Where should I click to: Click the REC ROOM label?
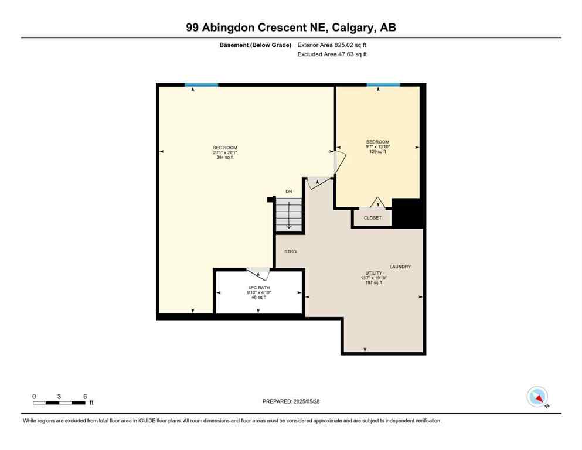pyautogui.click(x=224, y=148)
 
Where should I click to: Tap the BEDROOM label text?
pyautogui.click(x=377, y=142)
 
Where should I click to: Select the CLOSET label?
pyautogui.click(x=372, y=218)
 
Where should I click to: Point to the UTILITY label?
pyautogui.click(x=373, y=273)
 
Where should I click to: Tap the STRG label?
pyautogui.click(x=291, y=251)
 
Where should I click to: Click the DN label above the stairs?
pyautogui.click(x=288, y=192)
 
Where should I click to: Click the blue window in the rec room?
pyautogui.click(x=201, y=85)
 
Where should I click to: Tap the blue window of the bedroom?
pyautogui.click(x=383, y=85)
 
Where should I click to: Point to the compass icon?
pyautogui.click(x=537, y=397)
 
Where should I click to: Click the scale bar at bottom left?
pyautogui.click(x=59, y=403)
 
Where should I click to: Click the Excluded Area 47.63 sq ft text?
pyautogui.click(x=332, y=54)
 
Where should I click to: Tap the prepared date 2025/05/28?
pyautogui.click(x=291, y=401)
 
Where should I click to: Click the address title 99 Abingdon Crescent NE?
pyautogui.click(x=291, y=28)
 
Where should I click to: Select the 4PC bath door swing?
pyautogui.click(x=258, y=274)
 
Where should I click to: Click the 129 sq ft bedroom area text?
pyautogui.click(x=377, y=152)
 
